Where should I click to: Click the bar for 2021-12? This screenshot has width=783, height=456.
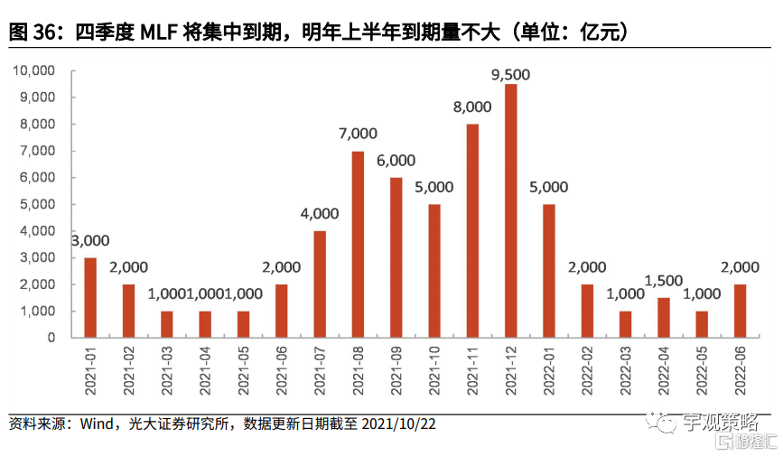coord(510,210)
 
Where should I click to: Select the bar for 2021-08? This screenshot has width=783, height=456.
coord(358,244)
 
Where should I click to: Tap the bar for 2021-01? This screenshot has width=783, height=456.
coord(90,297)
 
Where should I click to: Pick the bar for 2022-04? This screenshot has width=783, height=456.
coord(664,317)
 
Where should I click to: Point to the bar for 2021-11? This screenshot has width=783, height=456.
coord(472,230)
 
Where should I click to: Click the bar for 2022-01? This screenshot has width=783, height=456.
coord(549,270)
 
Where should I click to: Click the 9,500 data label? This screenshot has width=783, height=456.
coord(510,74)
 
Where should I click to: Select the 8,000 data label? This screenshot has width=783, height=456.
coord(472,107)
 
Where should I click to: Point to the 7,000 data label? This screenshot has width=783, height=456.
coord(358,134)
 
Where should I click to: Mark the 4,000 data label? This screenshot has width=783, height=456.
coord(320,214)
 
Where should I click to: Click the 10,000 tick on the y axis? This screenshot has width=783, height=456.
coord(34,70)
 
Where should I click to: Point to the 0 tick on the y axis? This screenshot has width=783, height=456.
coord(52,338)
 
